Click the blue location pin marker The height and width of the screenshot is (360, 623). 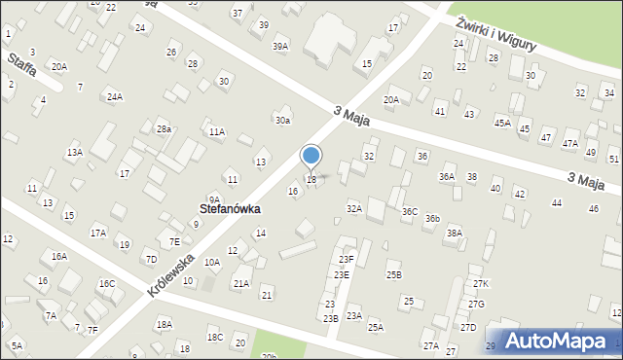(311, 156)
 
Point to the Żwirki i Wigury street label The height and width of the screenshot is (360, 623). (495, 30)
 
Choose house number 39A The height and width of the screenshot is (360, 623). (280, 46)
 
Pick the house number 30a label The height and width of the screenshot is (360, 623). (282, 121)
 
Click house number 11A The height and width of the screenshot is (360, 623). (216, 131)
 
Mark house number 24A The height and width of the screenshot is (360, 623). (115, 96)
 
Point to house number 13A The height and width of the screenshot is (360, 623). (74, 153)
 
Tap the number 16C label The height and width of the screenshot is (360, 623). (106, 283)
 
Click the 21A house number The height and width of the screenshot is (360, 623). (241, 283)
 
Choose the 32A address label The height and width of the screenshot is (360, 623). (354, 208)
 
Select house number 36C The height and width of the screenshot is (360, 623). (410, 211)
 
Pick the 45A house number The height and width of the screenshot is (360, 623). (502, 123)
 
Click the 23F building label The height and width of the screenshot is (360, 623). (347, 259)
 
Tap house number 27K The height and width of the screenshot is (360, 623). (480, 283)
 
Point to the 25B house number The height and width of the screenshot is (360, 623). (393, 275)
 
